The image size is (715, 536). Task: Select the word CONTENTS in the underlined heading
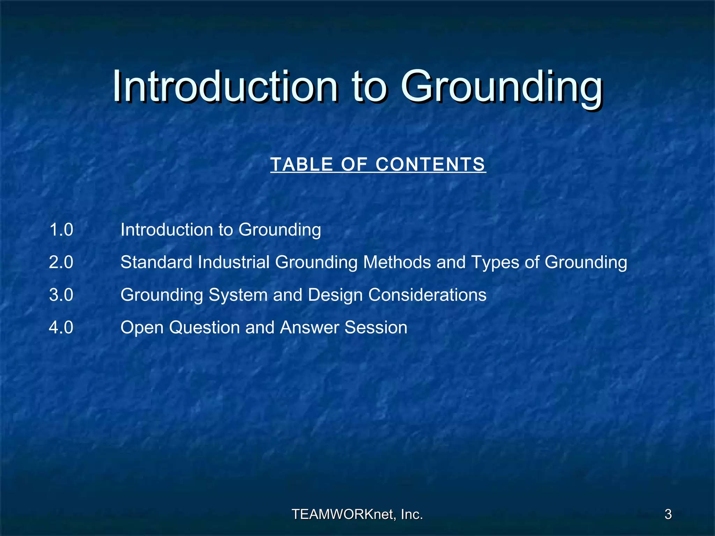point(430,164)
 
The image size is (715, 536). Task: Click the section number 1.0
point(61,230)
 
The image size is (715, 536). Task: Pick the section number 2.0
point(61,262)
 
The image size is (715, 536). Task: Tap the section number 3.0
point(61,295)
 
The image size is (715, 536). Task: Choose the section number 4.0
point(61,328)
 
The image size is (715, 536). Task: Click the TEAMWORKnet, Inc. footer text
point(357,514)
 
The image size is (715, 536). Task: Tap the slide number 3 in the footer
point(668,514)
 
